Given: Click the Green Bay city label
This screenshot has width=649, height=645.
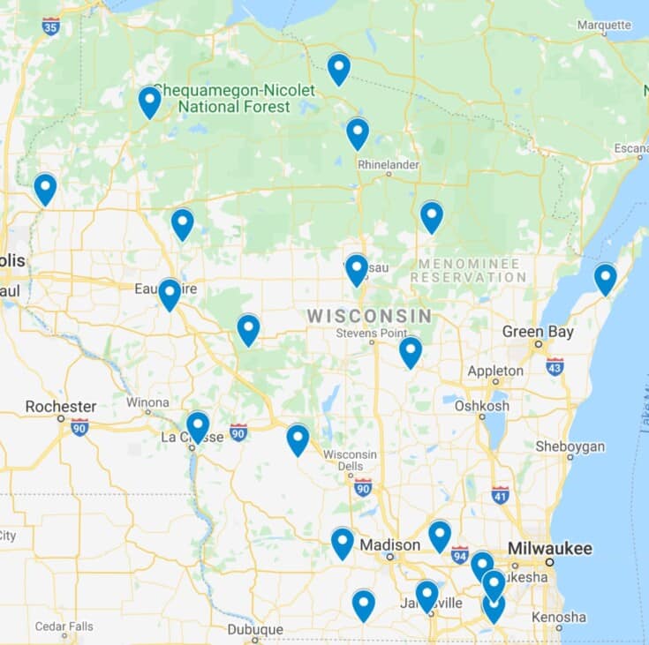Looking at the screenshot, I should coord(538,332).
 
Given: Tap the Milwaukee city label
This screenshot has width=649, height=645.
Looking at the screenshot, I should coord(549,549).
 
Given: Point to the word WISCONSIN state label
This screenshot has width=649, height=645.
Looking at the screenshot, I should coord(369,316).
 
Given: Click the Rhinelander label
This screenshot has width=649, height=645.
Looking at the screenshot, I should coord(389,165).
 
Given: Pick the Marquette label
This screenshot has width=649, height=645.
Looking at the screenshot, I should coord(604,25).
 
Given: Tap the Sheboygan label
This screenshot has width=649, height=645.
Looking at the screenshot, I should coord(570,446).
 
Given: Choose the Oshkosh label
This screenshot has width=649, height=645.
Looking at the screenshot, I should coord(481,406).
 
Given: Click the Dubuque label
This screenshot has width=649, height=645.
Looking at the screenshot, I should coord(254,630).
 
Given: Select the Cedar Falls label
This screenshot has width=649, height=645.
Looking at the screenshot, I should coord(64,626).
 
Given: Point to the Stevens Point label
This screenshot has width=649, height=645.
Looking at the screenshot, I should coord(372,334).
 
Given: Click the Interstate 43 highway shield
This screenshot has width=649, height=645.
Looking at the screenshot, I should coord(555,365).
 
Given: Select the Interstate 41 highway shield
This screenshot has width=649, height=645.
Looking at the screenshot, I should coord(500,494).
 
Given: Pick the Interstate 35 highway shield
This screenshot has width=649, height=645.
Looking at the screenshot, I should coord(51,26).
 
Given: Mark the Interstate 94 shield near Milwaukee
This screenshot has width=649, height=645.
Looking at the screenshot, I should coord(459,555).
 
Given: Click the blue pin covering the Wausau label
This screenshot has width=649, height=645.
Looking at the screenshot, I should coord(357,268).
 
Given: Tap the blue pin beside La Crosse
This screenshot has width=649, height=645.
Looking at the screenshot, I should coord(198,426).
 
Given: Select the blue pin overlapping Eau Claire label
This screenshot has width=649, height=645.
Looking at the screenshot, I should coord(170,293).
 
